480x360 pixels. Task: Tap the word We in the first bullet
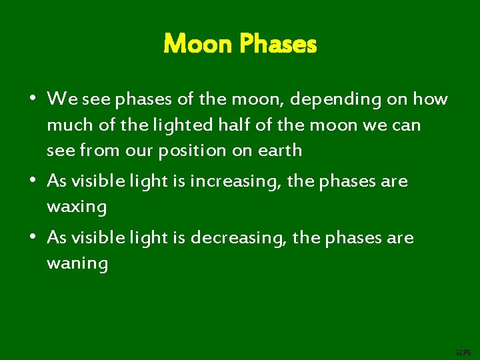59,100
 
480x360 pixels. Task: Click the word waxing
77,207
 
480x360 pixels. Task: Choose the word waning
77,264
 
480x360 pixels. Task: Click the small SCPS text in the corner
462,352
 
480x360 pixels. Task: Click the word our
138,151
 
